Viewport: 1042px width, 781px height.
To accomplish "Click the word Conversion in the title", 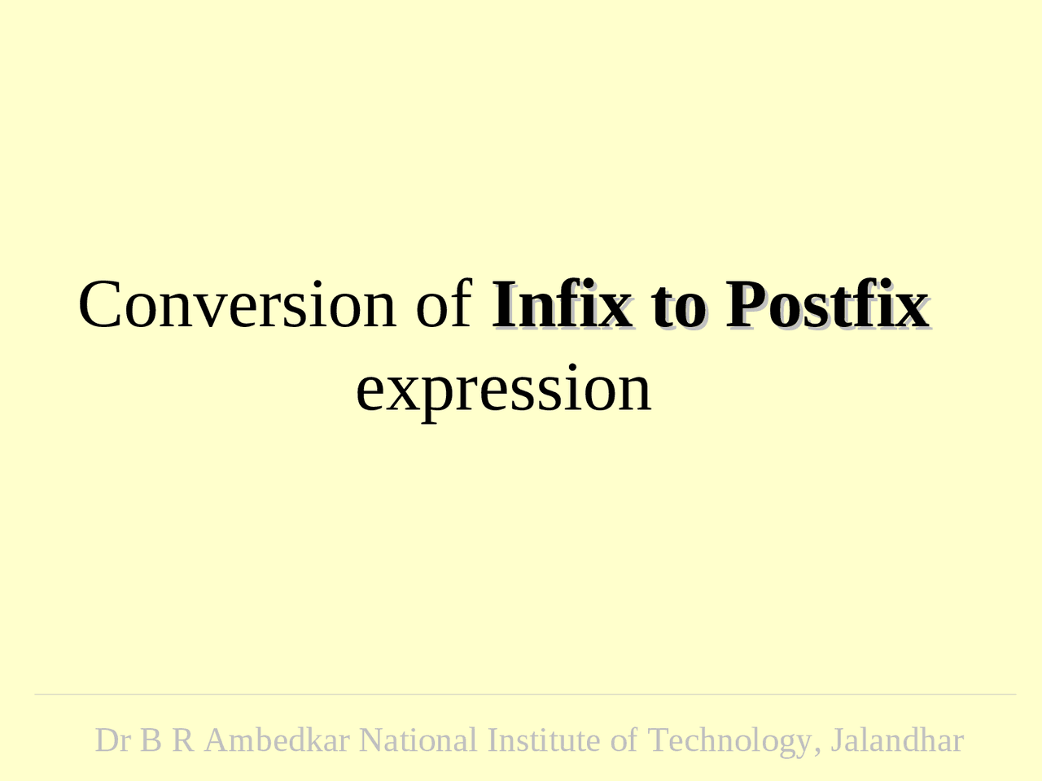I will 236,304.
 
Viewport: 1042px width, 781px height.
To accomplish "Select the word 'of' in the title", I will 444,304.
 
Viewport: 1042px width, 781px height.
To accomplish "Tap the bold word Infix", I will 562,304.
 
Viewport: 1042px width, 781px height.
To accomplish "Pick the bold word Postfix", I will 827,304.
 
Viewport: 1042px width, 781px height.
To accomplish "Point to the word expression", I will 504,389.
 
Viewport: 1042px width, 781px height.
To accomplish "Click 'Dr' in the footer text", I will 112,740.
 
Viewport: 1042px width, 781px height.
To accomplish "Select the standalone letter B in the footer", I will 151,740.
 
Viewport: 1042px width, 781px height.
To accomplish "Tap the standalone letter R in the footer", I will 182,740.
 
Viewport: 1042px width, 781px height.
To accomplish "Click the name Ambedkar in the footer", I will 277,740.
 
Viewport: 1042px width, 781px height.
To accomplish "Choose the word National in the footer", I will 418,740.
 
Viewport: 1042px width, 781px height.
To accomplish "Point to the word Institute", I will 543,740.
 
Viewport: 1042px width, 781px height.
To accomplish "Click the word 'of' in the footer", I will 624,740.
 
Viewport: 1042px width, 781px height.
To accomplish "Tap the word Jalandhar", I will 897,740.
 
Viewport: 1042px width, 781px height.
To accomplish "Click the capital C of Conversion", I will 99,304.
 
